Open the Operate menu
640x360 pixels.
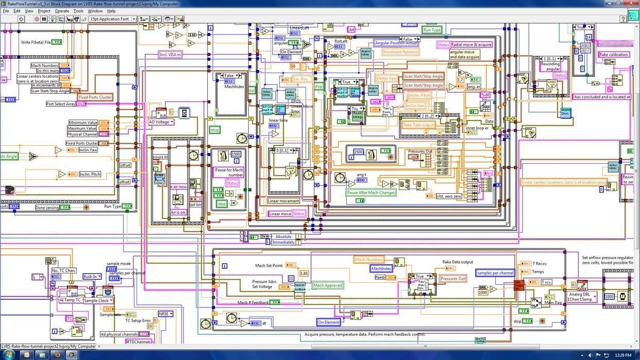[62, 11]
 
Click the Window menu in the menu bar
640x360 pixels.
[95, 11]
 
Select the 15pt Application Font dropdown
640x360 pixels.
[112, 19]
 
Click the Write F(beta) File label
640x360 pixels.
[36, 42]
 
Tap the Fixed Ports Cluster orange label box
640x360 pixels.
[95, 97]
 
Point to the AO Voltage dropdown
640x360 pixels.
[161, 122]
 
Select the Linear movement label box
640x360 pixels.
[283, 201]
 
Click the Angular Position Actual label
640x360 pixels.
[396, 43]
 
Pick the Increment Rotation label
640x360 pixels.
[400, 52]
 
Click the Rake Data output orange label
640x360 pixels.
[418, 125]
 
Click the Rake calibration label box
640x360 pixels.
[613, 55]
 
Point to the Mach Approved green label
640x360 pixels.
[328, 285]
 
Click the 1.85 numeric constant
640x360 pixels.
[304, 273]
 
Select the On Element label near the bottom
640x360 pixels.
[328, 322]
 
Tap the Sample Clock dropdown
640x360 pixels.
[98, 301]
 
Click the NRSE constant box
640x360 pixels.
[165, 314]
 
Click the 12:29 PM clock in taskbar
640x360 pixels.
[623, 355]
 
